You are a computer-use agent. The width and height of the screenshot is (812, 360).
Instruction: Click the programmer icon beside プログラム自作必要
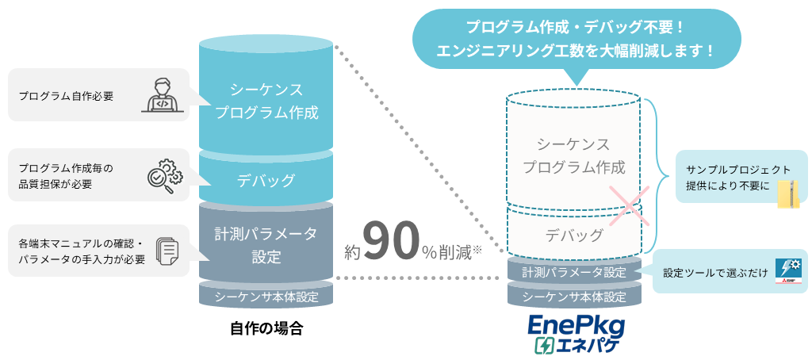[x=162, y=95]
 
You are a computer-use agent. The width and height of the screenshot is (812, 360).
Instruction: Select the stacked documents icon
[x=167, y=251]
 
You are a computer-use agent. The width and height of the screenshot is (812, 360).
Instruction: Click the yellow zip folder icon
[x=787, y=194]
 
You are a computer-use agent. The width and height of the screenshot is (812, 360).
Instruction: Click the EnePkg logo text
[x=576, y=327]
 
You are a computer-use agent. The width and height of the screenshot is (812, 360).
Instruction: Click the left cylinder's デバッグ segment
[x=266, y=180]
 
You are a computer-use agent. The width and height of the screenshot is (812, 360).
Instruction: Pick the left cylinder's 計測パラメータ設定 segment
[x=266, y=245]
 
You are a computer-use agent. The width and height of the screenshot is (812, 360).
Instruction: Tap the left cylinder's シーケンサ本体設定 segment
[x=266, y=297]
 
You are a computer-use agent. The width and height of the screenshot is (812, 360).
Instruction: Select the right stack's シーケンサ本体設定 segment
[x=574, y=297]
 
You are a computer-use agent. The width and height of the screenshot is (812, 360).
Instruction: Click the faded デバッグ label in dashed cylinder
[x=574, y=235]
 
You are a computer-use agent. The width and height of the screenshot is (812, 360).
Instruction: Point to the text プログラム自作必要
[x=67, y=96]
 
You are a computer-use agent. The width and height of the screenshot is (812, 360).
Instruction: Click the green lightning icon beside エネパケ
[x=544, y=347]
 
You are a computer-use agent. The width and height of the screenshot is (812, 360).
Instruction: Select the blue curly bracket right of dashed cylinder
[x=653, y=174]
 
